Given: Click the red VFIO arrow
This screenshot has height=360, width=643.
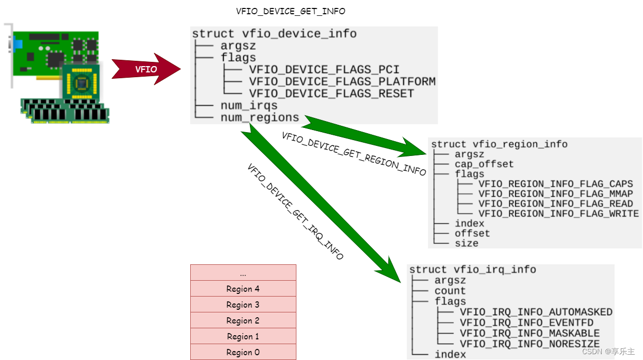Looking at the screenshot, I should (x=145, y=69).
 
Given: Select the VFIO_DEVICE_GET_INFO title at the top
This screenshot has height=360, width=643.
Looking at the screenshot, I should (x=291, y=11).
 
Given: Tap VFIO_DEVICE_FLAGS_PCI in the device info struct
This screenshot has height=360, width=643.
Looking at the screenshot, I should (x=324, y=70).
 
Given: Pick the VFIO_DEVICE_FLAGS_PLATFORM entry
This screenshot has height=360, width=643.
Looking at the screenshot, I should (x=342, y=81).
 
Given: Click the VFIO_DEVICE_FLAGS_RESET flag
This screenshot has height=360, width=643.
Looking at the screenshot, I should (x=331, y=94).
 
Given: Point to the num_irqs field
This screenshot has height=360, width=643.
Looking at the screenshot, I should (x=249, y=106).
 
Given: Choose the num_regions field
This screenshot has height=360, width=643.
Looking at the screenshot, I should (x=259, y=117).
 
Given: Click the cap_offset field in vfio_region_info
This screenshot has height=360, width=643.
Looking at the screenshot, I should (x=483, y=164).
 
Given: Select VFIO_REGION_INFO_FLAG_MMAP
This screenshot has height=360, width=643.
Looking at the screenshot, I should (x=555, y=194).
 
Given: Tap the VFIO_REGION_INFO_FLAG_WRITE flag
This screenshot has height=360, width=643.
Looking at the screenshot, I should (x=558, y=214).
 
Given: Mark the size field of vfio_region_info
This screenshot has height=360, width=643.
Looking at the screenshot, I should (x=466, y=243).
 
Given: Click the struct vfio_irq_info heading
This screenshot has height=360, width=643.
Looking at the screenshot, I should (x=472, y=270).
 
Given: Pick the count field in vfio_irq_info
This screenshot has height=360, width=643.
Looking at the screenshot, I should (x=450, y=291).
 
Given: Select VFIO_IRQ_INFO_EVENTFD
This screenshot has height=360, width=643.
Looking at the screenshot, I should (x=526, y=322).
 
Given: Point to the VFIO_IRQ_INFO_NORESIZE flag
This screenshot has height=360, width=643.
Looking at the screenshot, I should (x=529, y=344).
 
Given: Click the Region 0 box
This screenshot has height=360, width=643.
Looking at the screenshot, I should (x=243, y=352).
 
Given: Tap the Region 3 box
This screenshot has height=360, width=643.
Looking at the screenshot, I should (x=243, y=304).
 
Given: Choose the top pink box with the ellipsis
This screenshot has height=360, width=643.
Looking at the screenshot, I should (x=243, y=273).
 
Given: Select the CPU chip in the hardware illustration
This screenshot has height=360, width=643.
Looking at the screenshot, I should (x=81, y=82).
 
